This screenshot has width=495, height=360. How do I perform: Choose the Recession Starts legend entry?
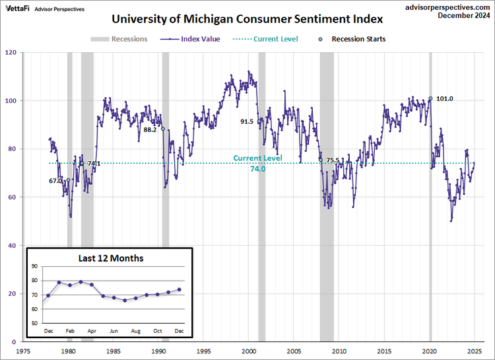point(353,39)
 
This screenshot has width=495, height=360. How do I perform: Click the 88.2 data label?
point(150,129)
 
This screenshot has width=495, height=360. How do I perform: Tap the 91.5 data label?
point(247,122)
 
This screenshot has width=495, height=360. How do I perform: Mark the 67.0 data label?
point(55,180)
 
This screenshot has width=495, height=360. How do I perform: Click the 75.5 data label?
point(333,161)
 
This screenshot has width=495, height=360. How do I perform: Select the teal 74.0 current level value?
point(257,169)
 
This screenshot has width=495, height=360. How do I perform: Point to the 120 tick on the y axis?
point(11,52)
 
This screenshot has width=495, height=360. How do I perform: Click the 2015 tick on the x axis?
point(385,351)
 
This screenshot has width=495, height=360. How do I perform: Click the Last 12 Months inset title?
point(109,258)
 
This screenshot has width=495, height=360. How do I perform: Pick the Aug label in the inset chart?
point(136,330)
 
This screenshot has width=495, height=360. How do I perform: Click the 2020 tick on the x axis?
point(430,351)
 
